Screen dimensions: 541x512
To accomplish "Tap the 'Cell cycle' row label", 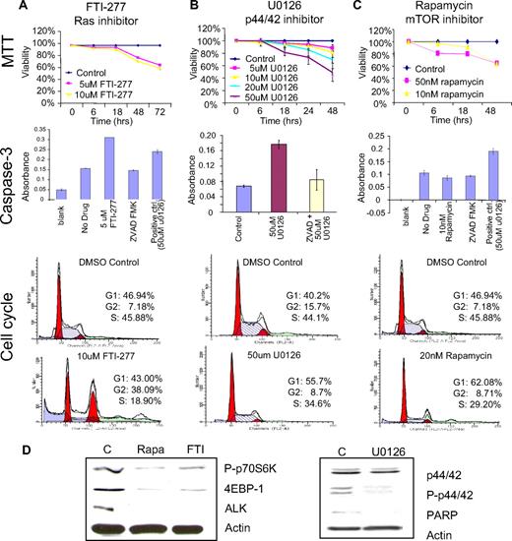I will (x=12, y=325).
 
